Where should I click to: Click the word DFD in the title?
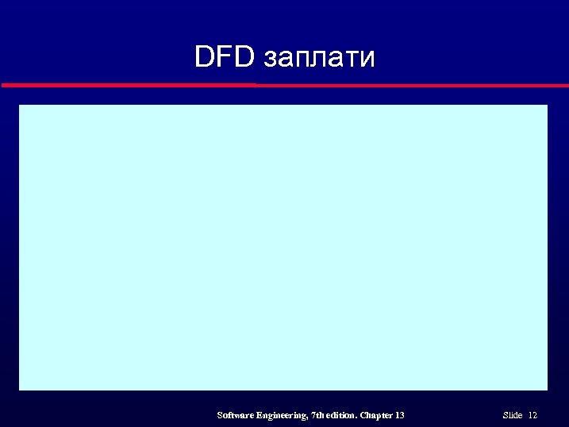(224, 56)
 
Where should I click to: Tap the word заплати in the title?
(318, 59)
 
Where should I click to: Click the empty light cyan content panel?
(283, 247)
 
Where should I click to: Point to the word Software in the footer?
(236, 415)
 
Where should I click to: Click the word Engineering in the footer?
(282, 415)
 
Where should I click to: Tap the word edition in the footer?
(342, 415)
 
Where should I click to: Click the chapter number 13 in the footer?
(399, 415)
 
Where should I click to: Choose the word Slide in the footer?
(513, 415)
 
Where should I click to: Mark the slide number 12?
(532, 415)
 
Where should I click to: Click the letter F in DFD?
(224, 56)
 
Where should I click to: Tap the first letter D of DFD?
(206, 56)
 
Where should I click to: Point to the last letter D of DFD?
(243, 56)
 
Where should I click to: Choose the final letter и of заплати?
(366, 60)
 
